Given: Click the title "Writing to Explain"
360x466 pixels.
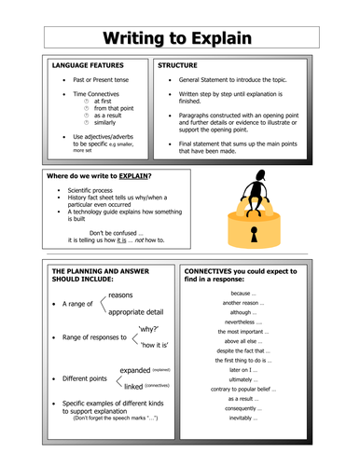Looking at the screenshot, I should tap(179, 38).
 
